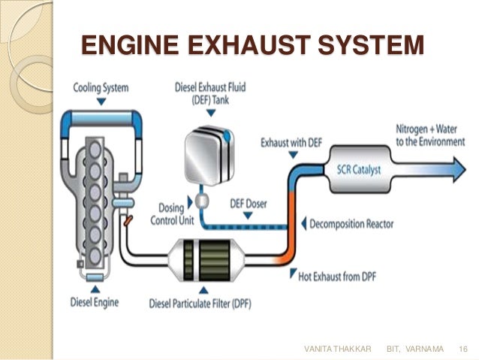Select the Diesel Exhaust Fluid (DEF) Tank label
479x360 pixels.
point(210,94)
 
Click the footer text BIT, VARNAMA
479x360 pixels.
point(414,350)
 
